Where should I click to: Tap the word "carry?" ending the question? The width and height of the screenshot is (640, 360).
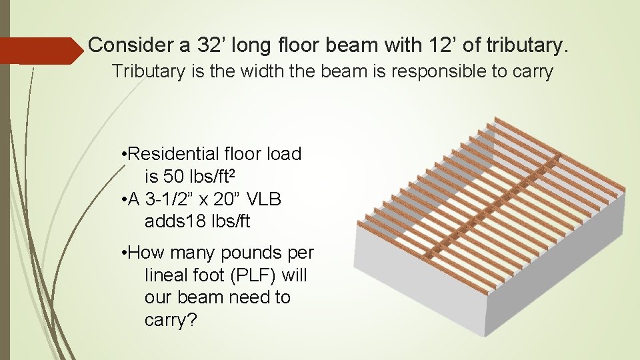[171, 320]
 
